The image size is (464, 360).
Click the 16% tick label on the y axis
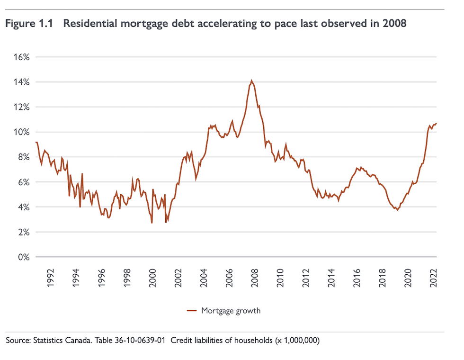pyautogui.click(x=22, y=57)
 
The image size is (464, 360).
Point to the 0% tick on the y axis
pyautogui.click(x=24, y=257)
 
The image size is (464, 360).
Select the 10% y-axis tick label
pyautogui.click(x=22, y=132)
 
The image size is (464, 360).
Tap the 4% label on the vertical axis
pyautogui.click(x=24, y=207)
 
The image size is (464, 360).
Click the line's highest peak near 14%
pyautogui.click(x=251, y=81)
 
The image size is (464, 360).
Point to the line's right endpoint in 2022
pyautogui.click(x=437, y=123)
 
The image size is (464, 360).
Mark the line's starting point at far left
pyautogui.click(x=36, y=142)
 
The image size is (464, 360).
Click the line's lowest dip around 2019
pyautogui.click(x=397, y=209)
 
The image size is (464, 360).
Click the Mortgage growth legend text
pyautogui.click(x=231, y=311)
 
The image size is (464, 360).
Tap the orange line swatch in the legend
pyautogui.click(x=192, y=311)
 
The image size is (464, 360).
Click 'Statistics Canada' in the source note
pyautogui.click(x=61, y=341)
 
